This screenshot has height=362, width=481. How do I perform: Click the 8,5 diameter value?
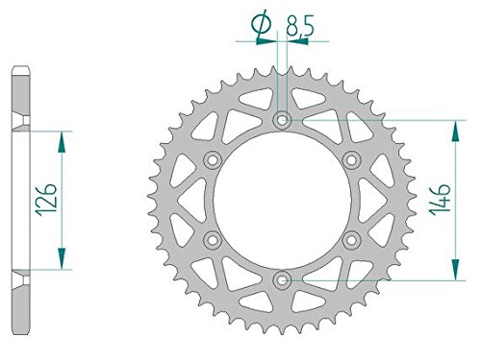pos(299,26)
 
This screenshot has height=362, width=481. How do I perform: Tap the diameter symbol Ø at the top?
pos(261,24)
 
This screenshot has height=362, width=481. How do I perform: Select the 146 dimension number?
pos(441,200)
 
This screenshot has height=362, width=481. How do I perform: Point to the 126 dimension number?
pos(47,200)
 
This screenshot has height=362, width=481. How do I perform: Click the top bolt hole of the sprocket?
pos(282,120)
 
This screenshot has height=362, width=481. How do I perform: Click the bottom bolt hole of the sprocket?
pos(282,280)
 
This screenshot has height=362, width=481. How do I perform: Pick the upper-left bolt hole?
pos(213,159)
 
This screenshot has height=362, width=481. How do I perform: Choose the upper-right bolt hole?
pos(352,159)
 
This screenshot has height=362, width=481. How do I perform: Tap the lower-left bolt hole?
pos(213,239)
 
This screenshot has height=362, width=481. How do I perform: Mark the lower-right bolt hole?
pos(352,239)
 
